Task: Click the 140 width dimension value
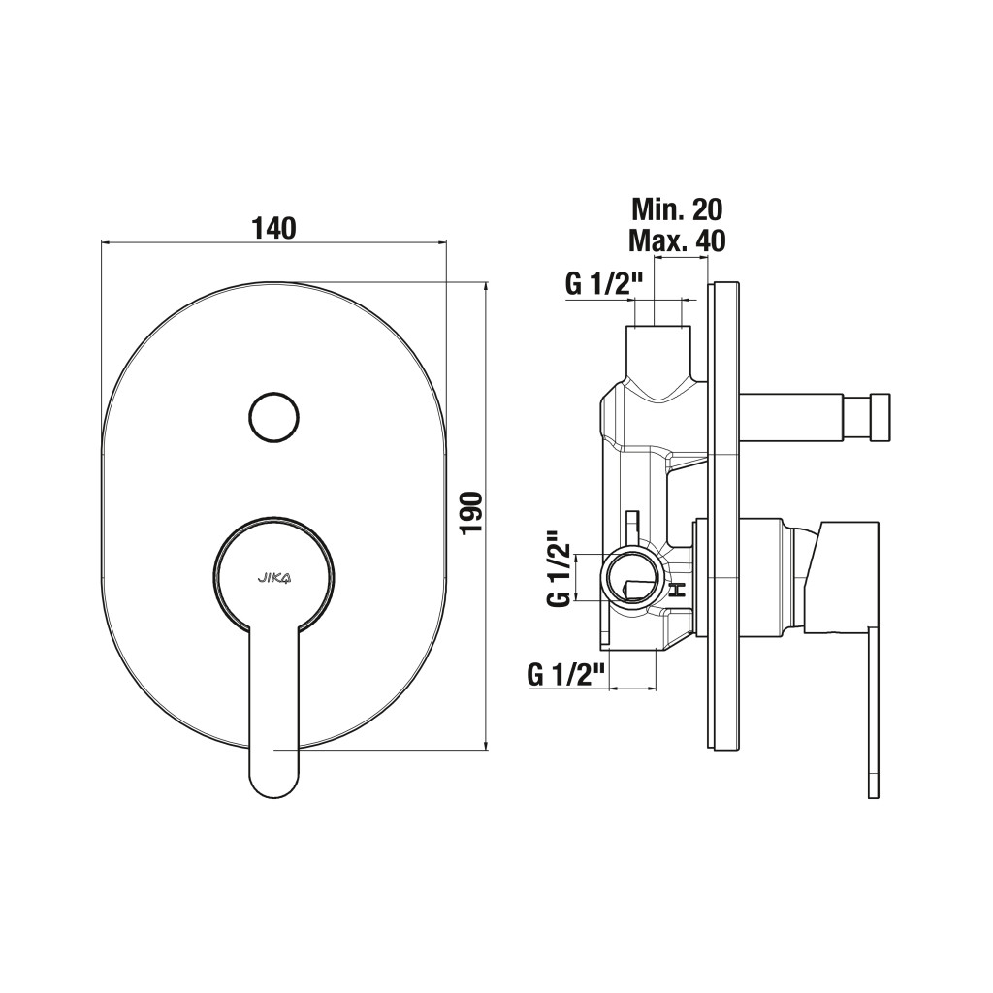[274, 228]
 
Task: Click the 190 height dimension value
[472, 512]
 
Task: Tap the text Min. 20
[677, 209]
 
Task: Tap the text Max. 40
[677, 240]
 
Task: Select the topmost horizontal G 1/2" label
[599, 285]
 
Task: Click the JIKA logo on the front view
[273, 576]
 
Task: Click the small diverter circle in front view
[273, 416]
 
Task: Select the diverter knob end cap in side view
[880, 417]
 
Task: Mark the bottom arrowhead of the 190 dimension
[486, 745]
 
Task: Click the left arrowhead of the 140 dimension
[108, 241]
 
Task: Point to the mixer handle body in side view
[842, 576]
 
